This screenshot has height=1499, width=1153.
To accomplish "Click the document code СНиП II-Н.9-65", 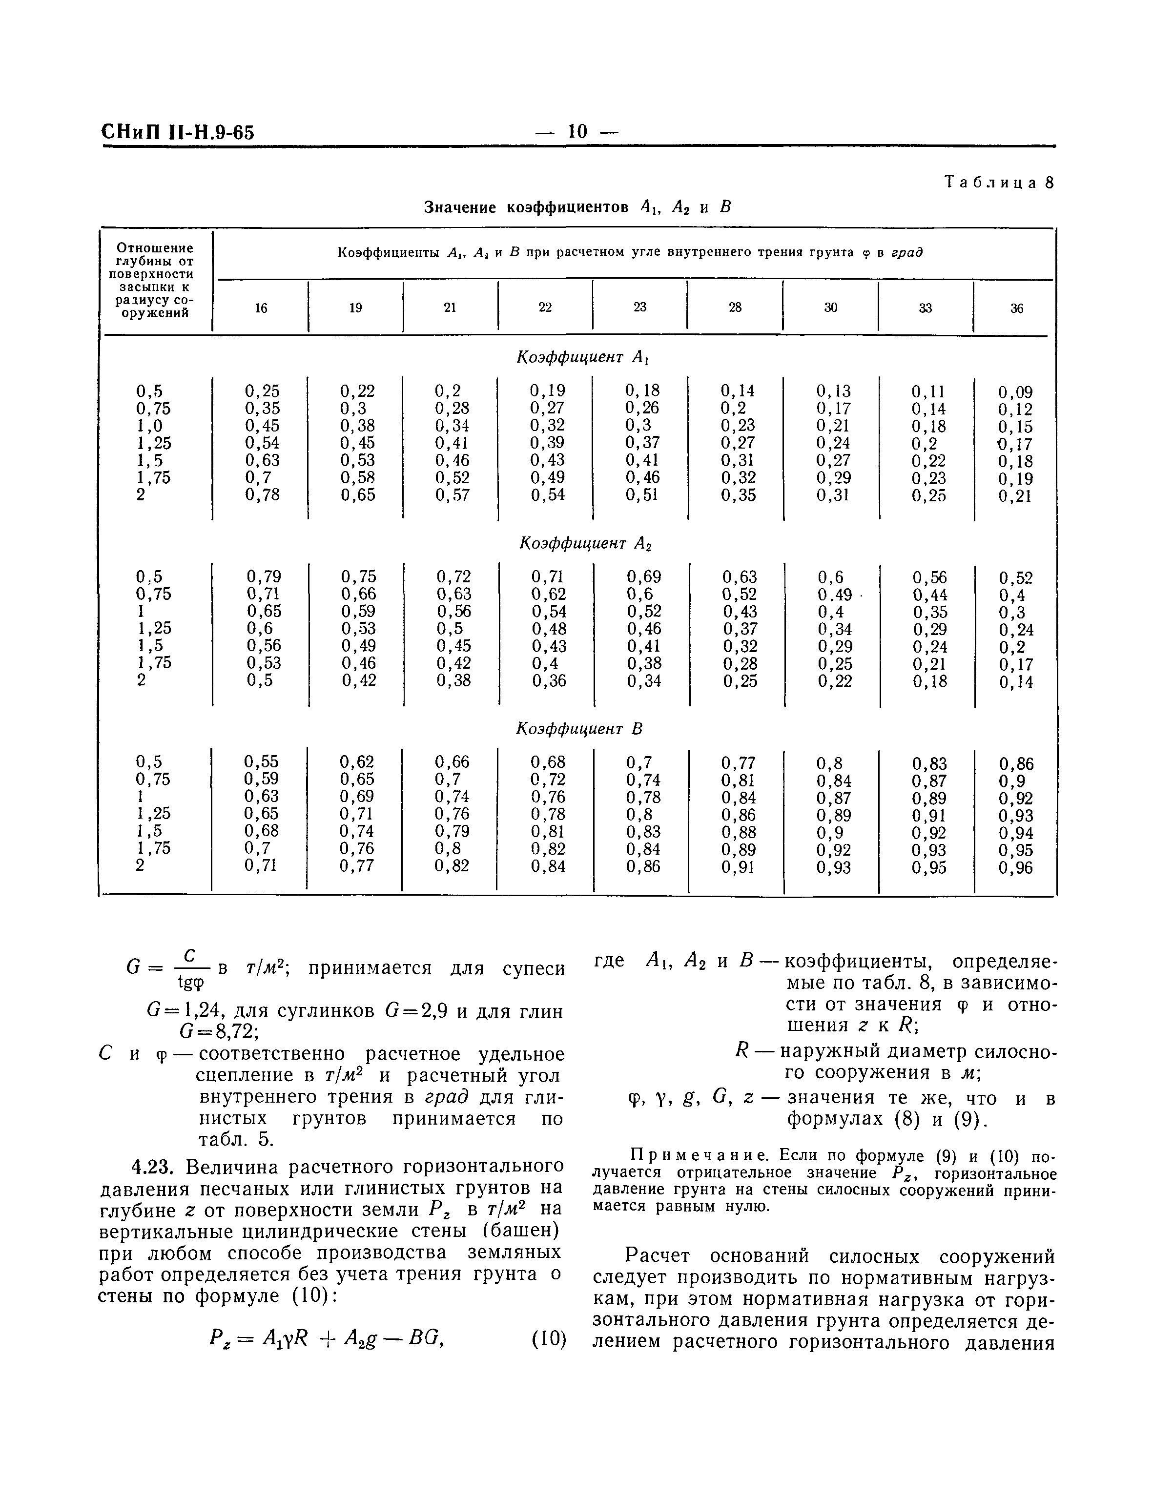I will (178, 132).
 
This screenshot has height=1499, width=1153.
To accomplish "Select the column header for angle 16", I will (261, 308).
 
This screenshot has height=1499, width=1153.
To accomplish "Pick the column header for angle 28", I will (735, 308).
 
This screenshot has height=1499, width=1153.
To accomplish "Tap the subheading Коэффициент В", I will (578, 729).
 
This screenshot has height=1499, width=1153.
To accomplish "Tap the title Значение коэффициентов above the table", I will (526, 207).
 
